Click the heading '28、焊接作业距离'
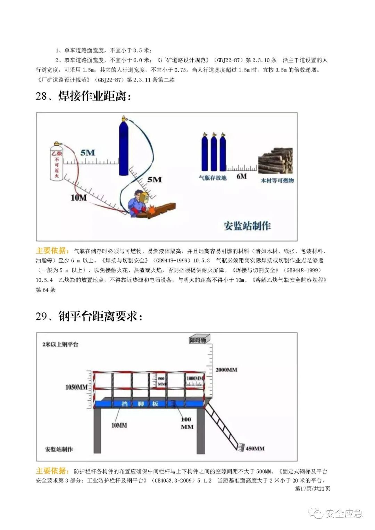pyautogui.click(x=83, y=96)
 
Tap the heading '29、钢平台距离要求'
pyautogui.click(x=89, y=316)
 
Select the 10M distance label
pyautogui.click(x=79, y=198)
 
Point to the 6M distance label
pyautogui.click(x=242, y=176)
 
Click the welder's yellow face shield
pyautogui.click(x=144, y=197)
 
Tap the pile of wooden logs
pyautogui.click(x=276, y=161)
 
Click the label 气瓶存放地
pyautogui.click(x=212, y=178)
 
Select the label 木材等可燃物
pyautogui.click(x=277, y=180)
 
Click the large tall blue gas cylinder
pyautogui.click(x=124, y=148)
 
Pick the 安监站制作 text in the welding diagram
pyautogui.click(x=247, y=226)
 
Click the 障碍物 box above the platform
pyautogui.click(x=198, y=340)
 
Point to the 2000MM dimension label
pyautogui.click(x=226, y=370)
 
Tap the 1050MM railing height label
pyautogui.click(x=76, y=387)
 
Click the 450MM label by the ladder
pyautogui.click(x=255, y=448)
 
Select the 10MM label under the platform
pyautogui.click(x=119, y=425)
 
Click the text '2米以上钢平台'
pyautogui.click(x=60, y=344)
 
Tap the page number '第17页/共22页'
pyautogui.click(x=312, y=488)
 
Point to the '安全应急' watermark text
pyautogui.click(x=344, y=513)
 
